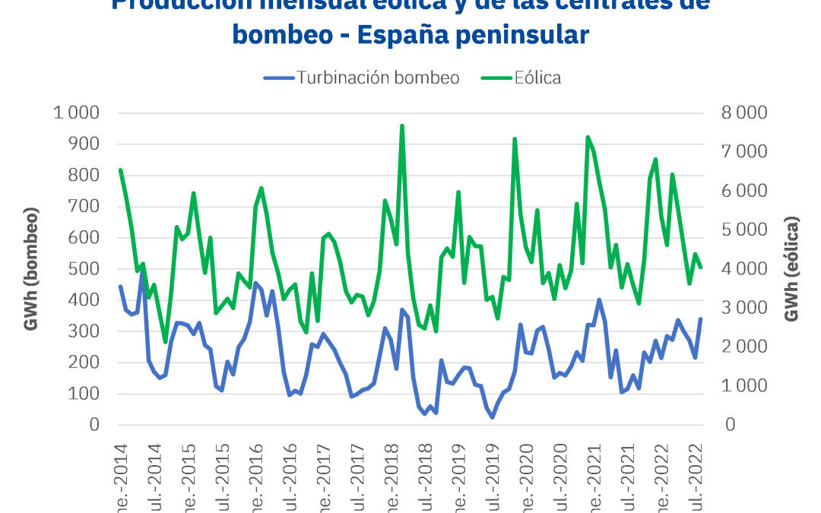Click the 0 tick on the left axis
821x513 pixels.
[95, 425]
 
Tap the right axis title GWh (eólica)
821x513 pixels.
[793, 268]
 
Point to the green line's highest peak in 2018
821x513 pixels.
[402, 126]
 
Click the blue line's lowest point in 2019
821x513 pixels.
[492, 417]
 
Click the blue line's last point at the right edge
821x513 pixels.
[700, 319]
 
